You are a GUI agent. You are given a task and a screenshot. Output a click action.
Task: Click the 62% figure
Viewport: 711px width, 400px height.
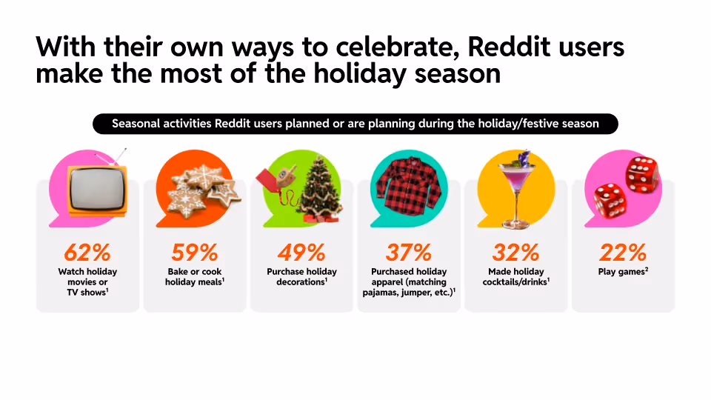tap(87, 253)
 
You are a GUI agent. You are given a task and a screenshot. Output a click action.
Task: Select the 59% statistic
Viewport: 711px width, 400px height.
tap(194, 253)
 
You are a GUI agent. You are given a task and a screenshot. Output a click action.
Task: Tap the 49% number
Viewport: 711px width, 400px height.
tap(301, 253)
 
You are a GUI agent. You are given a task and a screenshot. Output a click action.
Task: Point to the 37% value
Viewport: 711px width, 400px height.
tap(408, 253)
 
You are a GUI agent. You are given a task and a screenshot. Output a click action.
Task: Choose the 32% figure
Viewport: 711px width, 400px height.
tap(515, 253)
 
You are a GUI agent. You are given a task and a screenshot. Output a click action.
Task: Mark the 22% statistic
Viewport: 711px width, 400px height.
tap(623, 253)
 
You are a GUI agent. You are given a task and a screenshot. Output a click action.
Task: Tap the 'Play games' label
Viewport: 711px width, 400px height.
tap(623, 272)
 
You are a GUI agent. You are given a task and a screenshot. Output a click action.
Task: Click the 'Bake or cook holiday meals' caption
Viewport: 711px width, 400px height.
tap(194, 276)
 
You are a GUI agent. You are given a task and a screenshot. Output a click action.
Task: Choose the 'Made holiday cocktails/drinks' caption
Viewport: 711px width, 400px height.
tap(515, 276)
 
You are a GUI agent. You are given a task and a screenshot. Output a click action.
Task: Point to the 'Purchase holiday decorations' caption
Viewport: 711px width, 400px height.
tap(301, 276)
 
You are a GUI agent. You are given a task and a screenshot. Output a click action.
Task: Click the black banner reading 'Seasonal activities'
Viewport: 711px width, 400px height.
tap(355, 124)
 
